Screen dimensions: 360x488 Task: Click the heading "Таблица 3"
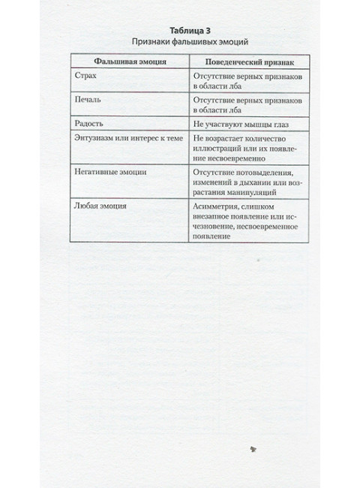tap(179, 29)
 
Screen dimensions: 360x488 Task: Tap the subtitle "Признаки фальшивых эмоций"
tap(180, 41)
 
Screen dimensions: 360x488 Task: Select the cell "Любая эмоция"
tap(104, 204)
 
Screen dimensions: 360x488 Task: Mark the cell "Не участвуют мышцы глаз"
tap(240, 122)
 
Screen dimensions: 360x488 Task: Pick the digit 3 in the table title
tap(197, 29)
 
